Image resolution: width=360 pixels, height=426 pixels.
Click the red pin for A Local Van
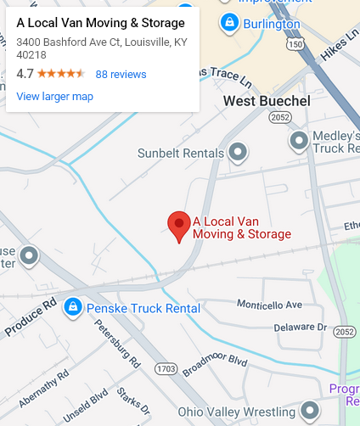[178, 225]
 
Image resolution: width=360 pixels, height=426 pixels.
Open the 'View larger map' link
[55, 96]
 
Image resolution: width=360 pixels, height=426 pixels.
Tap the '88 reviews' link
[121, 74]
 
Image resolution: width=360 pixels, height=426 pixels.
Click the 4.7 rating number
[25, 74]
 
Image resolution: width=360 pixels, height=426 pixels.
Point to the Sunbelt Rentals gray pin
[239, 154]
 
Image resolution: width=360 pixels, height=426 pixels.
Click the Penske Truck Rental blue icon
[74, 307]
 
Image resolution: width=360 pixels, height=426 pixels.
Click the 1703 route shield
[166, 369]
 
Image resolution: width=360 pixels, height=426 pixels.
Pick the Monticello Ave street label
[269, 304]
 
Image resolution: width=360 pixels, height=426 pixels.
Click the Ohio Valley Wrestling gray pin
[311, 412]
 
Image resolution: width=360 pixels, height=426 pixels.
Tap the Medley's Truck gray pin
[299, 140]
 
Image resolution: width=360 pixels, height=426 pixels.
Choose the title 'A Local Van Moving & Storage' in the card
[100, 22]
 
